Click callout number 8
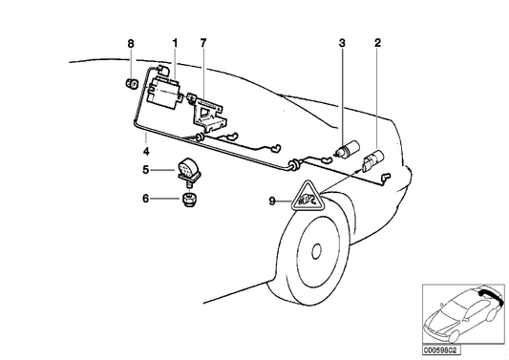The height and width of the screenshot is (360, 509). (x=131, y=43)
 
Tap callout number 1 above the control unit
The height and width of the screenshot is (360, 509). (x=175, y=43)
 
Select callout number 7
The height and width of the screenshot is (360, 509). (x=202, y=43)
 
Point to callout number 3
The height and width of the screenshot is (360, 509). (x=341, y=43)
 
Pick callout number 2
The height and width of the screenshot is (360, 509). (x=378, y=43)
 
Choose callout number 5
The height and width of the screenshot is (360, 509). (x=146, y=171)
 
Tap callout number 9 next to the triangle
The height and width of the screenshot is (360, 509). (x=272, y=201)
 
